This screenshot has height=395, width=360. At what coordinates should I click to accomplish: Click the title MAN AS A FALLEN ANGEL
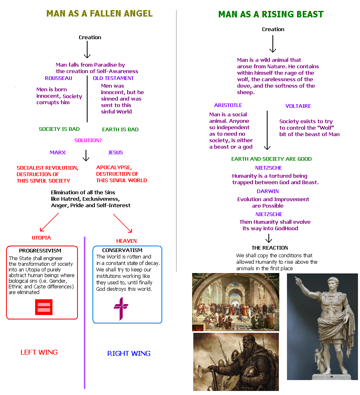[99, 13]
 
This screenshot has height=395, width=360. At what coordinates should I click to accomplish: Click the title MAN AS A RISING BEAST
[271, 15]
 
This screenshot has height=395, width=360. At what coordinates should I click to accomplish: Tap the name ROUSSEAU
[59, 78]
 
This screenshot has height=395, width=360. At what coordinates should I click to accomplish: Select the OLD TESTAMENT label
[113, 78]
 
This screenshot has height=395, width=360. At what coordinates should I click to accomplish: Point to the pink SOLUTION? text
[88, 140]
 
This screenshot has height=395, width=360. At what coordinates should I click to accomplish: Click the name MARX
[58, 153]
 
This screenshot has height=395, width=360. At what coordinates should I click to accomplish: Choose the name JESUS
[115, 153]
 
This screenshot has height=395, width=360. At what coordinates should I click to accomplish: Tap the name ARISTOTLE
[228, 105]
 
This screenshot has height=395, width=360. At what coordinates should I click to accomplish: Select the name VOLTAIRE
[298, 106]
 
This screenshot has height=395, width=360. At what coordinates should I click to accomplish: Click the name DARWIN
[268, 191]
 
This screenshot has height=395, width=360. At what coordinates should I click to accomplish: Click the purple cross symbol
[120, 308]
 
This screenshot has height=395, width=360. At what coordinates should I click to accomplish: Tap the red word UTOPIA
[42, 238]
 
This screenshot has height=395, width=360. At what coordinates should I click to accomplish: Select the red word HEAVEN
[127, 241]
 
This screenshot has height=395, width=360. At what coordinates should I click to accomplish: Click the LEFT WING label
[39, 352]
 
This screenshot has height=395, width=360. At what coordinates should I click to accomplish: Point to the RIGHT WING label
[129, 353]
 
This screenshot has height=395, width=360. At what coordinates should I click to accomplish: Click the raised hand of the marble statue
[297, 280]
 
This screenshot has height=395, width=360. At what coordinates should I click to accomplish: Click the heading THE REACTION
[270, 248]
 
